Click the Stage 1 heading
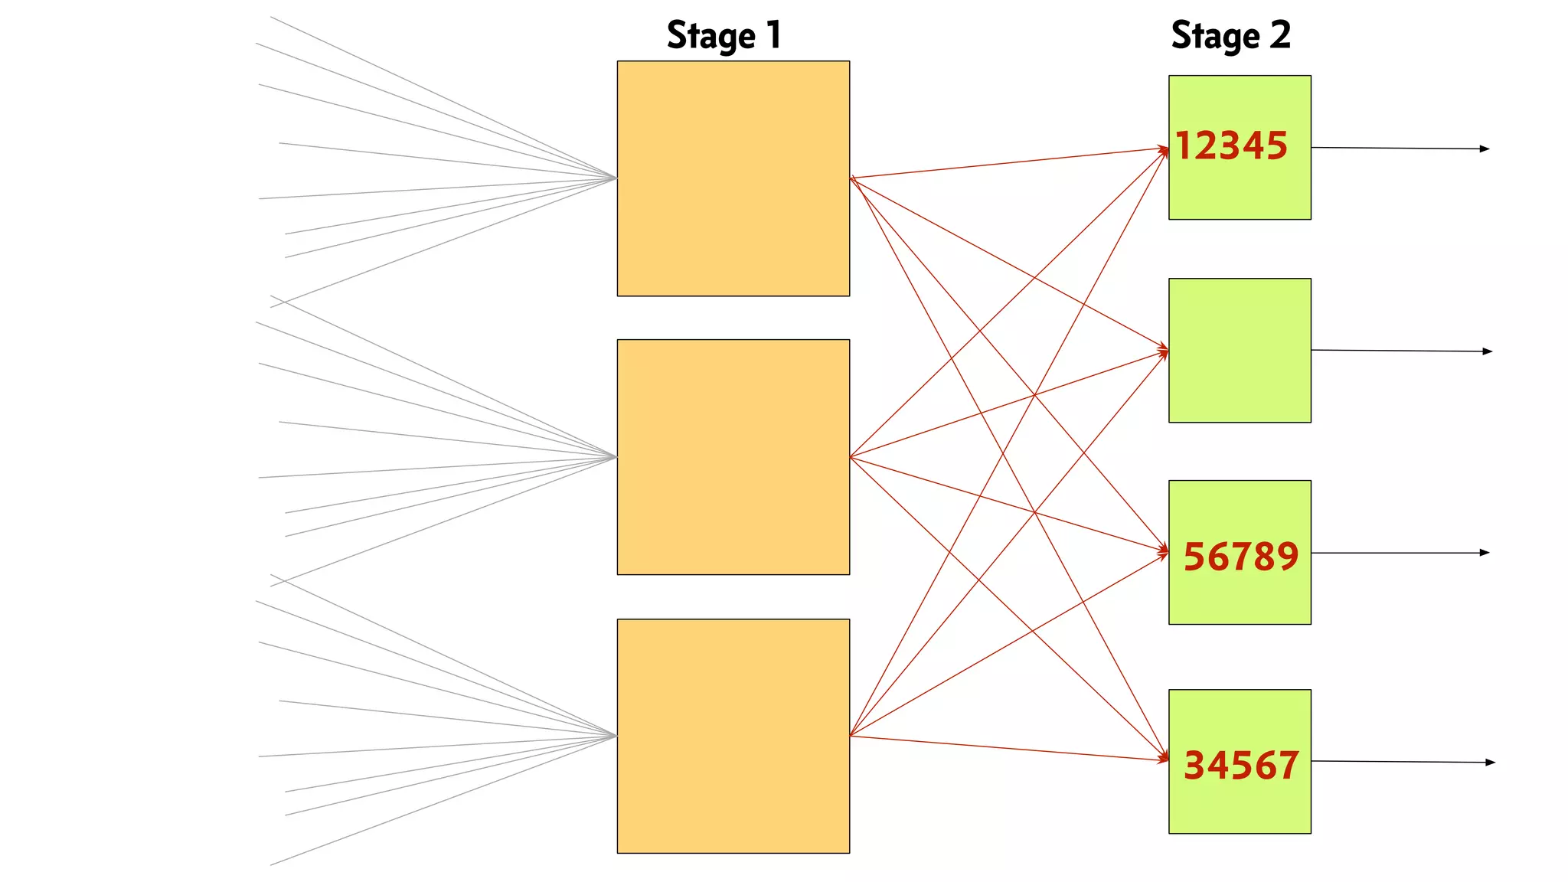[x=724, y=35]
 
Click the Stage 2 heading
[x=1230, y=35]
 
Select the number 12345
[x=1231, y=145]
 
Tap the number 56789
[x=1240, y=556]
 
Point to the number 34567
[x=1240, y=765]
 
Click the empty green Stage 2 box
[x=1240, y=350]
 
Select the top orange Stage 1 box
[x=733, y=178]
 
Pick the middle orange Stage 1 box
[x=733, y=457]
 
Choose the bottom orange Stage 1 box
[x=733, y=736]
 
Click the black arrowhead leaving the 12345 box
[x=1485, y=149]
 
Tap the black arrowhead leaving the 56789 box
[x=1485, y=553]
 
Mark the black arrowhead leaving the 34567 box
[x=1490, y=763]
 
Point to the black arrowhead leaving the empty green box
[x=1488, y=351]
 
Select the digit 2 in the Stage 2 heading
[x=1279, y=35]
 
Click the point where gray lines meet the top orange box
[x=616, y=178]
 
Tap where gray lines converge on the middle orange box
[x=616, y=457]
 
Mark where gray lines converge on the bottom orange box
[x=616, y=737]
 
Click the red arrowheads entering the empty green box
[x=1165, y=352]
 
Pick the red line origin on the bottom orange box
[x=851, y=736]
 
